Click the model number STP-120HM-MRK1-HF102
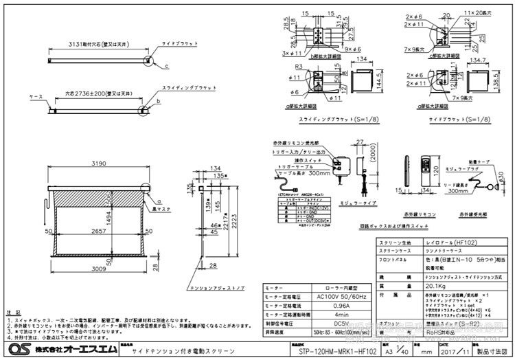(x=334, y=352)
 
